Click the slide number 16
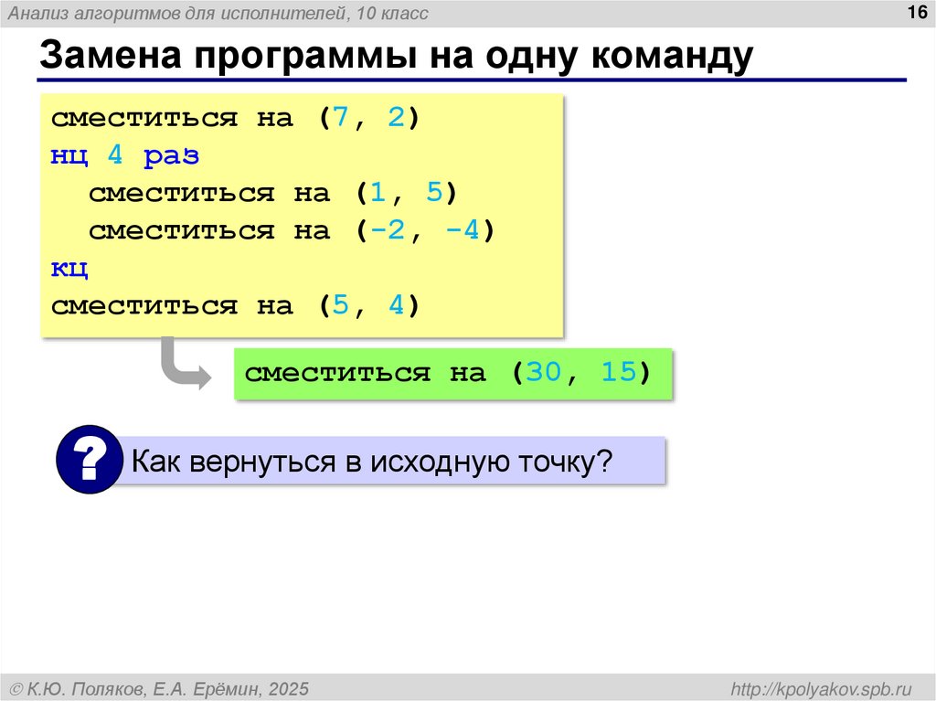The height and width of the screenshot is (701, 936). click(x=915, y=12)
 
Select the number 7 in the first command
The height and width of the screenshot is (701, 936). click(x=341, y=119)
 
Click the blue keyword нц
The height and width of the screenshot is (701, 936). click(x=69, y=156)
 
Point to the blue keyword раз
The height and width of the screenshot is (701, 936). click(x=172, y=156)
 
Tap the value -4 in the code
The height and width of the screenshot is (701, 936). click(x=462, y=231)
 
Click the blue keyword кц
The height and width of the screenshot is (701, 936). click(x=69, y=269)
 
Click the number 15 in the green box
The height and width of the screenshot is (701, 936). click(x=619, y=373)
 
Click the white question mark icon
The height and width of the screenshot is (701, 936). click(x=89, y=460)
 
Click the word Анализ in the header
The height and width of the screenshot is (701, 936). click(x=37, y=13)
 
